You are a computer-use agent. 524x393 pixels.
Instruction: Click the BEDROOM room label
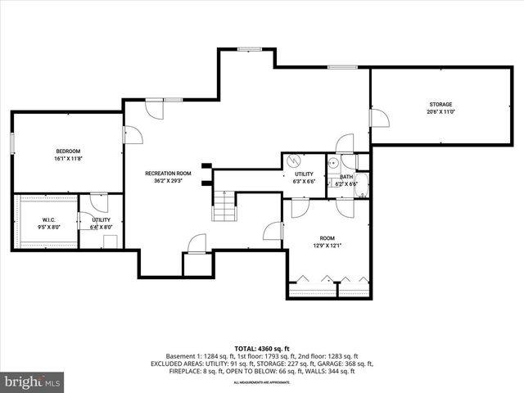click(x=68, y=151)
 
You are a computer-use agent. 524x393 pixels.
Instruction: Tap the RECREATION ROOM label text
click(x=168, y=173)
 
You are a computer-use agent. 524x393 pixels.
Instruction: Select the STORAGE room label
click(x=440, y=104)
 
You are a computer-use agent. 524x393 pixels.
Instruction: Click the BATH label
click(x=346, y=177)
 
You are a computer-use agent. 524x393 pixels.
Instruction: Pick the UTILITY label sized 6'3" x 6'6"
click(x=304, y=174)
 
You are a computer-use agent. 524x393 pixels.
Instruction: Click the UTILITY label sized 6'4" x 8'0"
click(x=101, y=219)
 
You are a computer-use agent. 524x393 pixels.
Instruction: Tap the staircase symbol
click(x=224, y=208)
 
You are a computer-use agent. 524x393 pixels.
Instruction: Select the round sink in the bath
click(x=334, y=162)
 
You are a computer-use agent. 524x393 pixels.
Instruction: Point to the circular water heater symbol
click(x=295, y=161)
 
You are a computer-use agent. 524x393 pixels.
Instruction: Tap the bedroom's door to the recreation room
click(x=128, y=135)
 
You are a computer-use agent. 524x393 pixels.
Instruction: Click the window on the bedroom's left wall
click(x=12, y=142)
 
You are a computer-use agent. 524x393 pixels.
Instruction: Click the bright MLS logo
click(x=33, y=382)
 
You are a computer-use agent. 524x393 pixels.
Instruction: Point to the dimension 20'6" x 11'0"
click(x=440, y=112)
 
